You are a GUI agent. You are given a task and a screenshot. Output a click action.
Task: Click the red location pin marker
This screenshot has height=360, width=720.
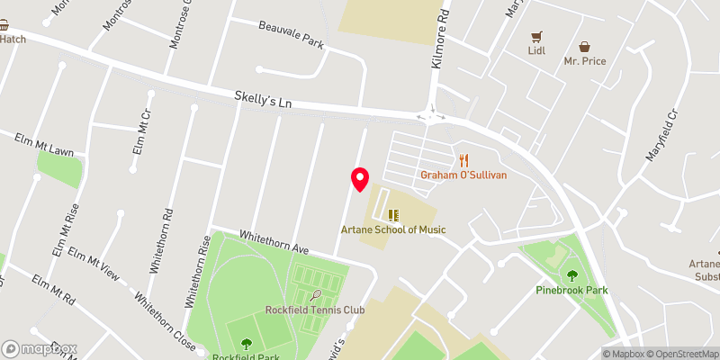[360, 178]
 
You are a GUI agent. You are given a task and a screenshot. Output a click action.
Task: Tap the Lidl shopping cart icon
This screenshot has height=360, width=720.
[537, 37]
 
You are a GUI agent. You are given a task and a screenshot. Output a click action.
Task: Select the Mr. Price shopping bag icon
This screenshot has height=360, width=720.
[584, 46]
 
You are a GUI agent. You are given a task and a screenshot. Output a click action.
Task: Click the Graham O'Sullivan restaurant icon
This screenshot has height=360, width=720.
[464, 160]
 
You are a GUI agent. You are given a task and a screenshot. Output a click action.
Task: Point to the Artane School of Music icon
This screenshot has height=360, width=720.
[392, 214]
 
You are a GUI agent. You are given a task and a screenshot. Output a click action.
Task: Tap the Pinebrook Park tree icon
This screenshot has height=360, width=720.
[571, 275]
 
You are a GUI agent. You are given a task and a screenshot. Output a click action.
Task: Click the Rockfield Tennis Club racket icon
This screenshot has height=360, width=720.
[316, 295]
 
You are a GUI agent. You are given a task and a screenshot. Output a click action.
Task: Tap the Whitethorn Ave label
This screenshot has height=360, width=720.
[274, 242]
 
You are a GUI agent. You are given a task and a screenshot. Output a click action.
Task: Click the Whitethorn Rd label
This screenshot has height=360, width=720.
[160, 241]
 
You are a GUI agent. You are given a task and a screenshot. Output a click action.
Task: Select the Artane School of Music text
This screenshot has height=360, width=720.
[392, 229]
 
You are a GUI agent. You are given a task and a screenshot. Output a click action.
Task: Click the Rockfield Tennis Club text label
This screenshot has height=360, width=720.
[315, 310]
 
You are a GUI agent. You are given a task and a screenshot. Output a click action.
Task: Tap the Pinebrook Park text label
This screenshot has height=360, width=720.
[571, 290]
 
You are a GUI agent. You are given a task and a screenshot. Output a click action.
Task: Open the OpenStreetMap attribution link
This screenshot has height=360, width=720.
[677, 354]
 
